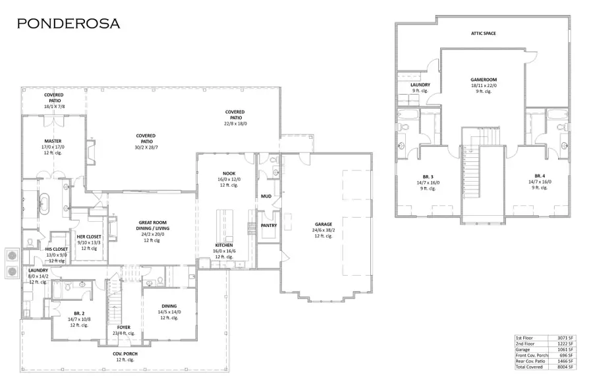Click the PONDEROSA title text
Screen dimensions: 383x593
[69, 24]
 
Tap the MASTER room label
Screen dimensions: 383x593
[53, 141]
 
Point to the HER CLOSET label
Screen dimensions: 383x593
[88, 236]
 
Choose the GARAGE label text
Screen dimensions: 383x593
[323, 225]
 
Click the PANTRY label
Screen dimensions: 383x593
[268, 225]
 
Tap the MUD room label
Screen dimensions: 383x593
[266, 196]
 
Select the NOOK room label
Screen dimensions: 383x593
[229, 174]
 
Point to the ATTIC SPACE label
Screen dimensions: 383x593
[483, 33]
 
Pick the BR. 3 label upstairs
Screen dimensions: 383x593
[428, 176]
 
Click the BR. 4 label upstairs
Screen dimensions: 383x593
[539, 176]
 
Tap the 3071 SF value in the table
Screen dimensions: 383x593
[566, 338]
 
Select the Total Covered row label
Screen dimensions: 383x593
[530, 367]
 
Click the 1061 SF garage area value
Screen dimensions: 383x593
[566, 349]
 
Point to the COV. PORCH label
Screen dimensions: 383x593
[125, 354]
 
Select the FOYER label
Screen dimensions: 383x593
[124, 327]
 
